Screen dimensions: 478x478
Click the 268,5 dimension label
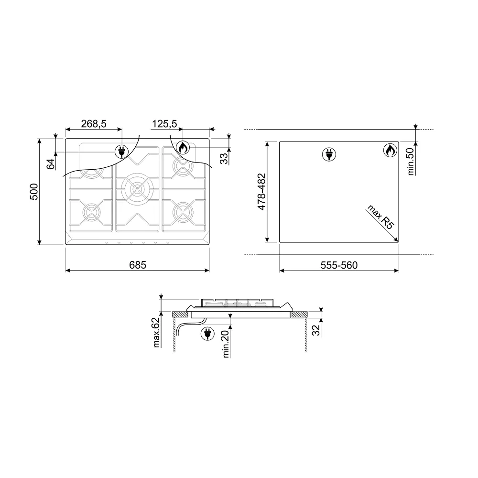[94, 124]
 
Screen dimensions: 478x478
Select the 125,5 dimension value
[164, 124]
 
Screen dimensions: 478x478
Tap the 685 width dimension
[138, 265]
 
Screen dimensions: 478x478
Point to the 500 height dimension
[34, 192]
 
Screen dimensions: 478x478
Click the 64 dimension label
[51, 163]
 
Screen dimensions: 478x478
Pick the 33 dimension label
[224, 159]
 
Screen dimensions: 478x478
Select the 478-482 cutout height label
[261, 192]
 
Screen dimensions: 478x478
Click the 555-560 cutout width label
[339, 265]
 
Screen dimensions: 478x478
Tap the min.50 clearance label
[411, 161]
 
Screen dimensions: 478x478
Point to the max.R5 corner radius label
[381, 217]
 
